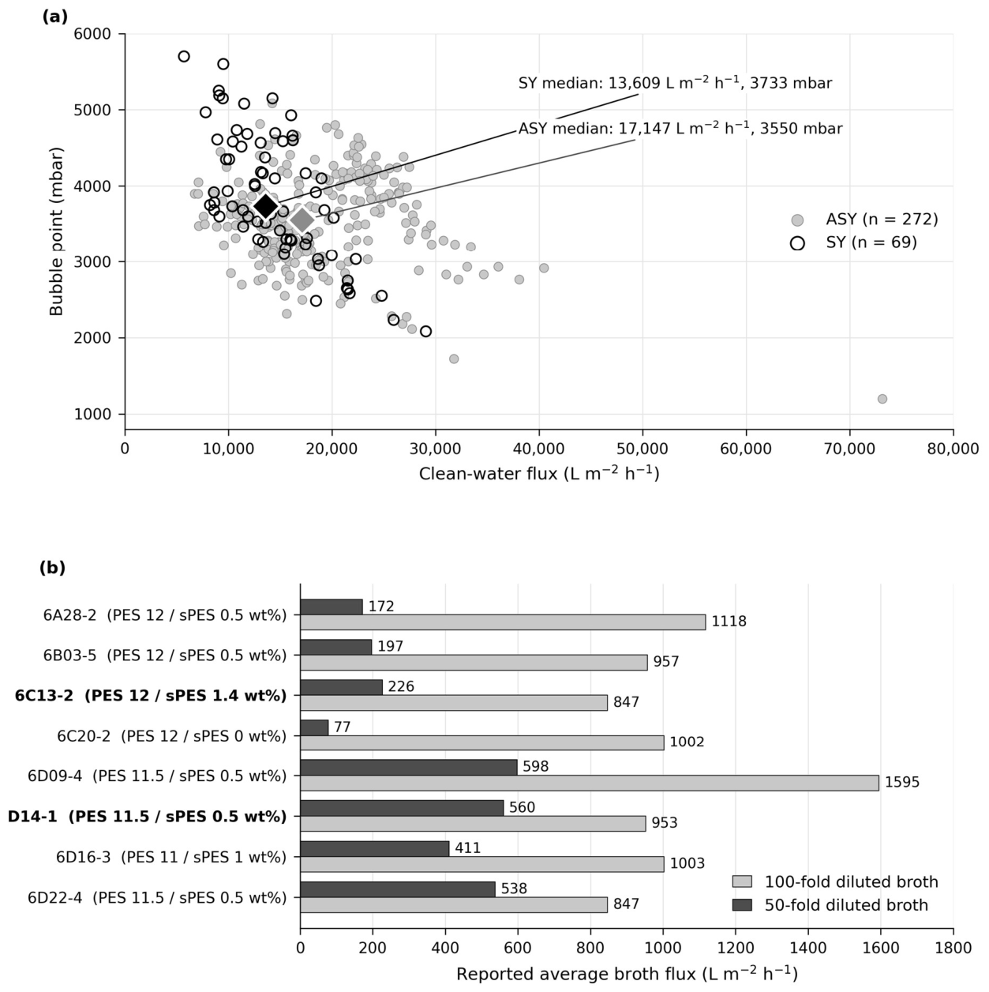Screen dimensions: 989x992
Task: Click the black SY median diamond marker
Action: pos(265,206)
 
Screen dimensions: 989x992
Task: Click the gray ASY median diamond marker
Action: pos(302,220)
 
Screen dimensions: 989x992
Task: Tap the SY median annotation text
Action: pos(675,83)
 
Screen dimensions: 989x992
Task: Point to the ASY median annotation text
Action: pos(680,128)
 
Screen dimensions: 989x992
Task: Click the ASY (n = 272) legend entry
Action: pos(864,220)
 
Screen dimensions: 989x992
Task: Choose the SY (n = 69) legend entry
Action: pos(854,242)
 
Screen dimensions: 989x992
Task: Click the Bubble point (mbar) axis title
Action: pos(55,231)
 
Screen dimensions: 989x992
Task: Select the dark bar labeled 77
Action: pos(314,728)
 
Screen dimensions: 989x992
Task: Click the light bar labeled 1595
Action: pos(590,783)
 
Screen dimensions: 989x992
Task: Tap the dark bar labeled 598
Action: pos(409,768)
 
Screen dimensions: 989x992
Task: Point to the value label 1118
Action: pos(729,622)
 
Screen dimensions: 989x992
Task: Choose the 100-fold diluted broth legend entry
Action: pos(835,882)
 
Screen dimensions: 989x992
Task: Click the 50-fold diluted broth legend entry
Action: pos(830,904)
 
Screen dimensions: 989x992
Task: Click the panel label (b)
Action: pos(52,568)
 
